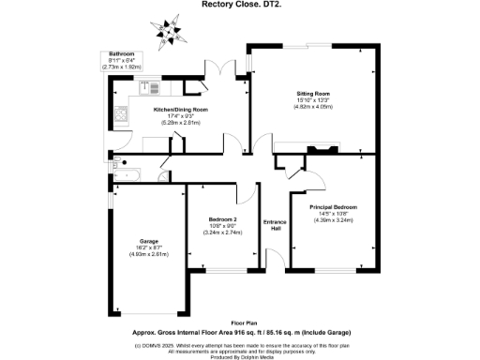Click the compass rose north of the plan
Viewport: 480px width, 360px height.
pos(172,23)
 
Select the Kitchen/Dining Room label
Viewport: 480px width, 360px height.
pos(181,110)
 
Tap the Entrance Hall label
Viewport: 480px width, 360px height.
pos(277,225)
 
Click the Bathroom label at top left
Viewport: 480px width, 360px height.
pos(123,54)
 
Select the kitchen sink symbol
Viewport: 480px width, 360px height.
pos(152,90)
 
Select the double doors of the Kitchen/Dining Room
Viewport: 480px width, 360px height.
pos(220,71)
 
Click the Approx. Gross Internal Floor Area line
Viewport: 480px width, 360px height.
pos(240,331)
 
